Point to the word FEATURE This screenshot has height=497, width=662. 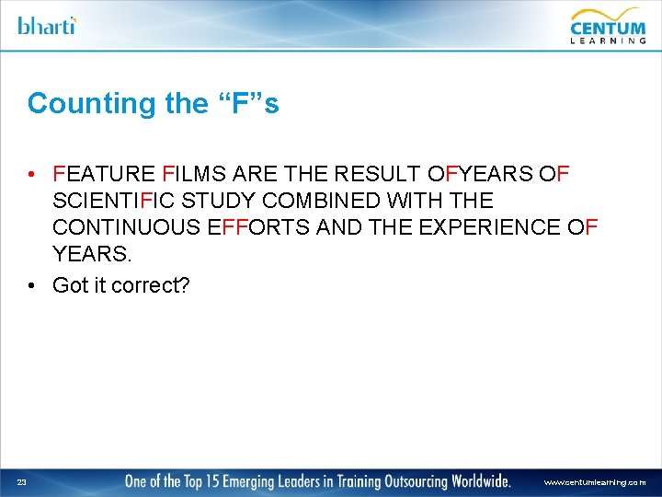click(104, 174)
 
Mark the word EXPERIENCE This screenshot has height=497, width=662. click(488, 227)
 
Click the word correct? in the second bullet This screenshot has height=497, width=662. click(150, 285)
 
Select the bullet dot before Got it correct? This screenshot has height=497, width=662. click(32, 285)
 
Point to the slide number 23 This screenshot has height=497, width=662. click(21, 481)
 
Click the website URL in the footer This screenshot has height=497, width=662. click(594, 482)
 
